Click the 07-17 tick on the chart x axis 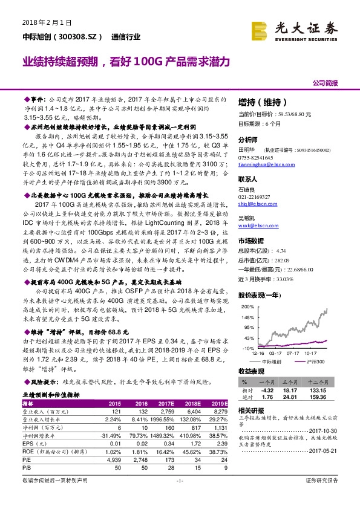294,352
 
